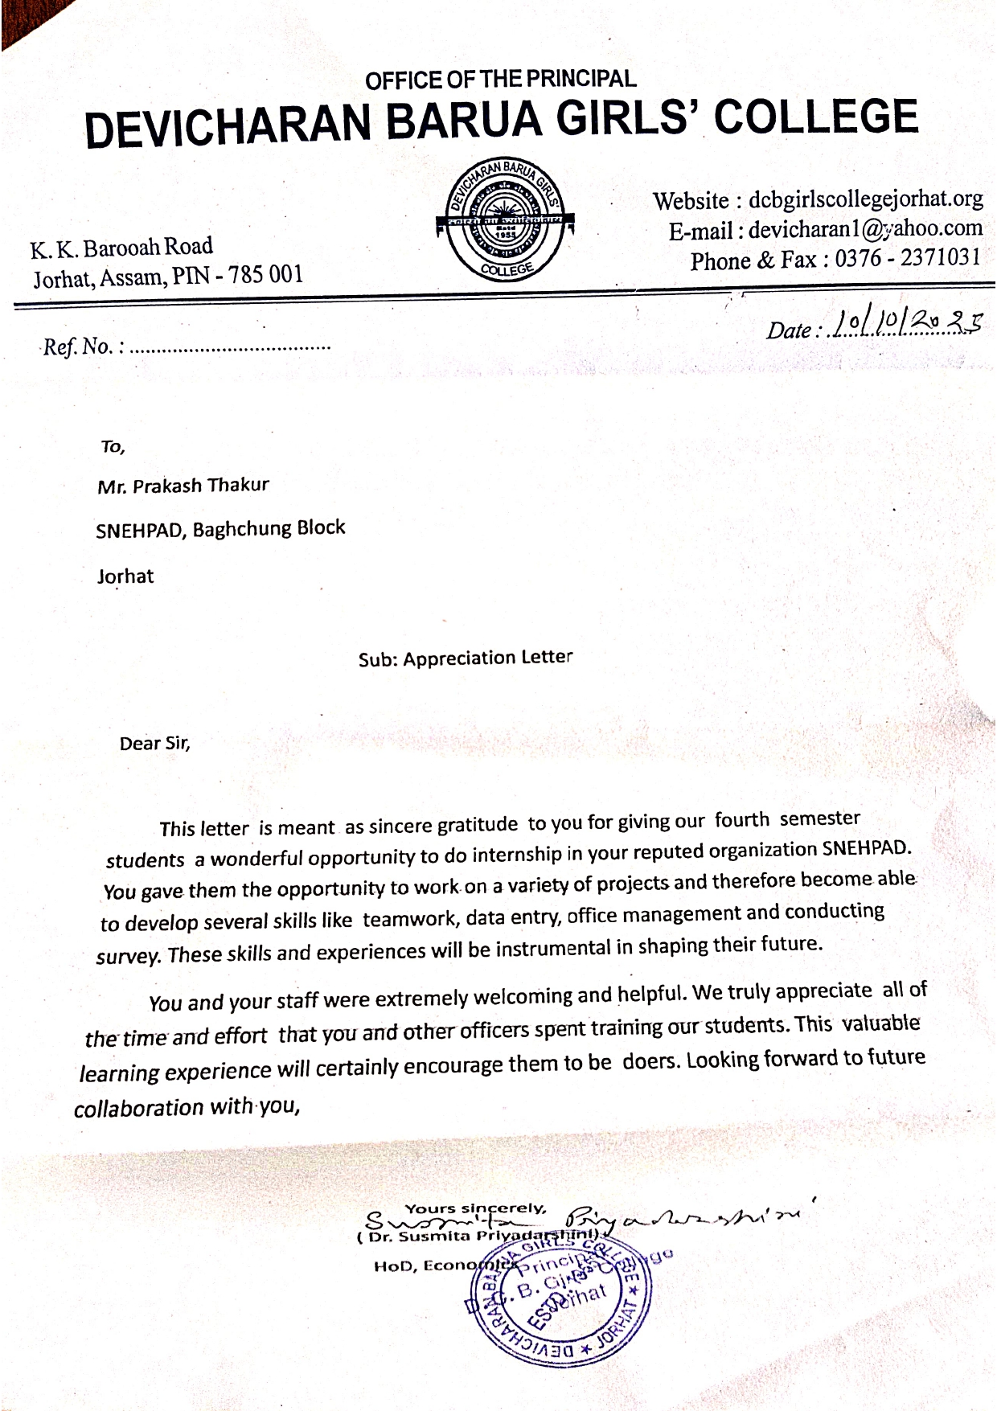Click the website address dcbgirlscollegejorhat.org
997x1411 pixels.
(x=865, y=199)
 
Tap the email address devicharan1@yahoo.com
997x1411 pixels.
(x=865, y=229)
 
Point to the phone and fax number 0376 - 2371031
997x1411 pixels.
(x=907, y=258)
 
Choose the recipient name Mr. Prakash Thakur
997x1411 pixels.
(x=183, y=486)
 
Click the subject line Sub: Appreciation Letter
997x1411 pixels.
(x=466, y=658)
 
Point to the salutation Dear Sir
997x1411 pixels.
(x=154, y=743)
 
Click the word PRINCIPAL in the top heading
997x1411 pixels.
(x=581, y=79)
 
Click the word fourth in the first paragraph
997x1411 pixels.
(x=742, y=821)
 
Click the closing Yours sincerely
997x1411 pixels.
(x=475, y=1208)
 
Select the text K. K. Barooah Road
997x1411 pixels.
(x=121, y=248)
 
